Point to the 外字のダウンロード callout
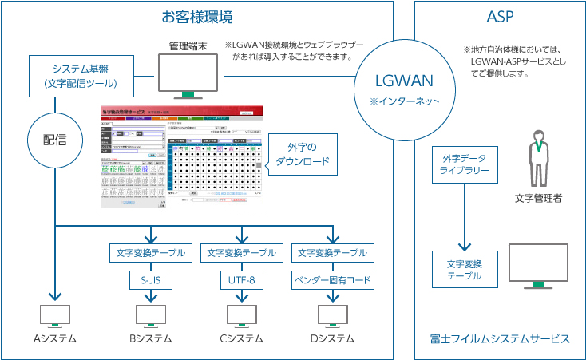pos(302,153)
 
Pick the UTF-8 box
pos(241,280)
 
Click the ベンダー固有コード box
pos(332,280)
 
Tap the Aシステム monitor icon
pos(55,315)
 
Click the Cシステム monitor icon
pos(241,315)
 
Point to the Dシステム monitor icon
pos(332,315)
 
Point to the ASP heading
pos(500,17)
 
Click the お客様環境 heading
pos(197,17)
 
